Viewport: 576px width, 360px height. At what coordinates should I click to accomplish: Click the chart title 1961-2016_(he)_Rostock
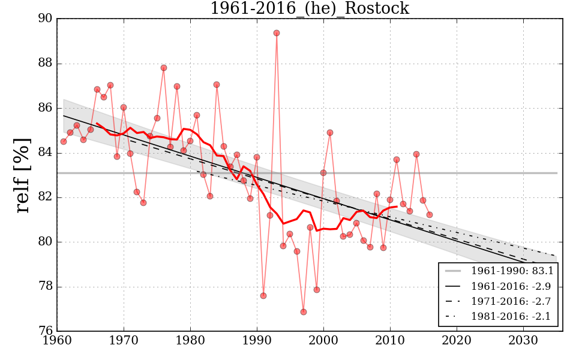(x=309, y=9)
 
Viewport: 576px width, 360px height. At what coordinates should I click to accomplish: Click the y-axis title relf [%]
(x=23, y=175)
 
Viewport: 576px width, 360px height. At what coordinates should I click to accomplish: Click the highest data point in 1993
(x=277, y=33)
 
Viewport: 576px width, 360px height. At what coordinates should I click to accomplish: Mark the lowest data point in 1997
(x=304, y=312)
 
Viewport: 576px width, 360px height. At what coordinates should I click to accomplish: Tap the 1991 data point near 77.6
(x=263, y=296)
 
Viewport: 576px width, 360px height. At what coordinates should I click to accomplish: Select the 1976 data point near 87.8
(x=164, y=68)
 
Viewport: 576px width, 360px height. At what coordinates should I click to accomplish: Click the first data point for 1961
(x=64, y=142)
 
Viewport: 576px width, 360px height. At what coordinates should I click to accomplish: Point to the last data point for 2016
(x=430, y=215)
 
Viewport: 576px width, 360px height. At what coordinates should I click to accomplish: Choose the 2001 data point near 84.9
(x=330, y=133)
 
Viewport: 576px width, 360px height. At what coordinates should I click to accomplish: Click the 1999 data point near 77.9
(x=317, y=290)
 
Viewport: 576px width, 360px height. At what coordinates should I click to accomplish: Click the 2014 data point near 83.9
(x=416, y=154)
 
